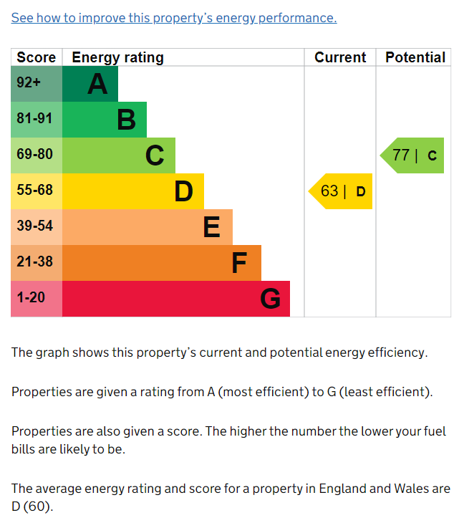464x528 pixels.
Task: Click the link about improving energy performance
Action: coord(174,18)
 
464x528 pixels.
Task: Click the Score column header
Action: coord(37,57)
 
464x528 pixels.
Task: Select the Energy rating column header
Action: coord(117,57)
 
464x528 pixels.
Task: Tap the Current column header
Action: coord(340,57)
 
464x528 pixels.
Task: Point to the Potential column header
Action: coord(415,57)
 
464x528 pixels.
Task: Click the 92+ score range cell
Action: coord(37,84)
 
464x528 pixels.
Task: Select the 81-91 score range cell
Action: coord(37,120)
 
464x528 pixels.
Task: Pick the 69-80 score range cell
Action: coord(37,155)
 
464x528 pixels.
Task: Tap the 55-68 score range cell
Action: coord(37,191)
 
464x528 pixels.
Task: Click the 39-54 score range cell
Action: coord(37,227)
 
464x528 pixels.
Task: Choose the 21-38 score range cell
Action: coord(37,263)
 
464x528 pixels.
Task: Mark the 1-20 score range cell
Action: coord(37,299)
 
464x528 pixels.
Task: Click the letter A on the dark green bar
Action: coord(97,84)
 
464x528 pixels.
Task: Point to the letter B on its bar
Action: coord(127,120)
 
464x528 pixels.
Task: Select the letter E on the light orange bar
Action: coord(212,227)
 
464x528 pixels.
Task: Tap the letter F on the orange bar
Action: coord(239,263)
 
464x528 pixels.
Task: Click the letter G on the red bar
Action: coord(270,299)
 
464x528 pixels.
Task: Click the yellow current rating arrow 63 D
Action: coord(341,191)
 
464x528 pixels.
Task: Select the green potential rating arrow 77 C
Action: coord(412,155)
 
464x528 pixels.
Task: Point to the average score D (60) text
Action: coord(32,507)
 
